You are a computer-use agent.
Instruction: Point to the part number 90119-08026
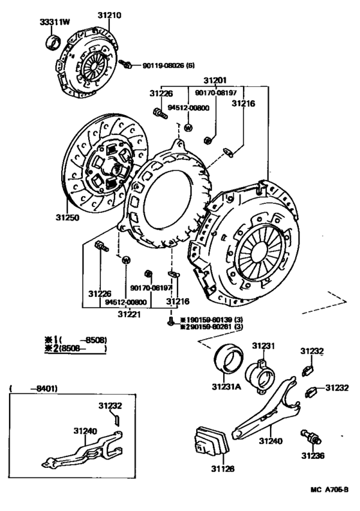tap(160, 65)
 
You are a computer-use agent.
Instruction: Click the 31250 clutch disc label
tap(67, 217)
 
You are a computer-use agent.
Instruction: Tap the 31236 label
tap(314, 456)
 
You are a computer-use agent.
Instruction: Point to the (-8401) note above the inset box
tap(30, 388)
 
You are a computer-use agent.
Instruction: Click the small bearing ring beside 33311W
tap(52, 42)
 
